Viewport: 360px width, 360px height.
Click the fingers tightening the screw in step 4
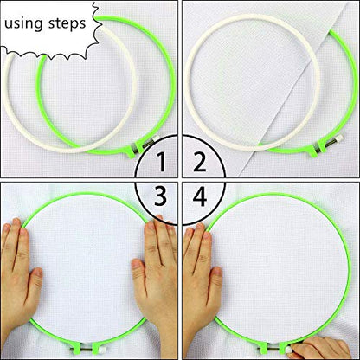[x=333, y=348]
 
